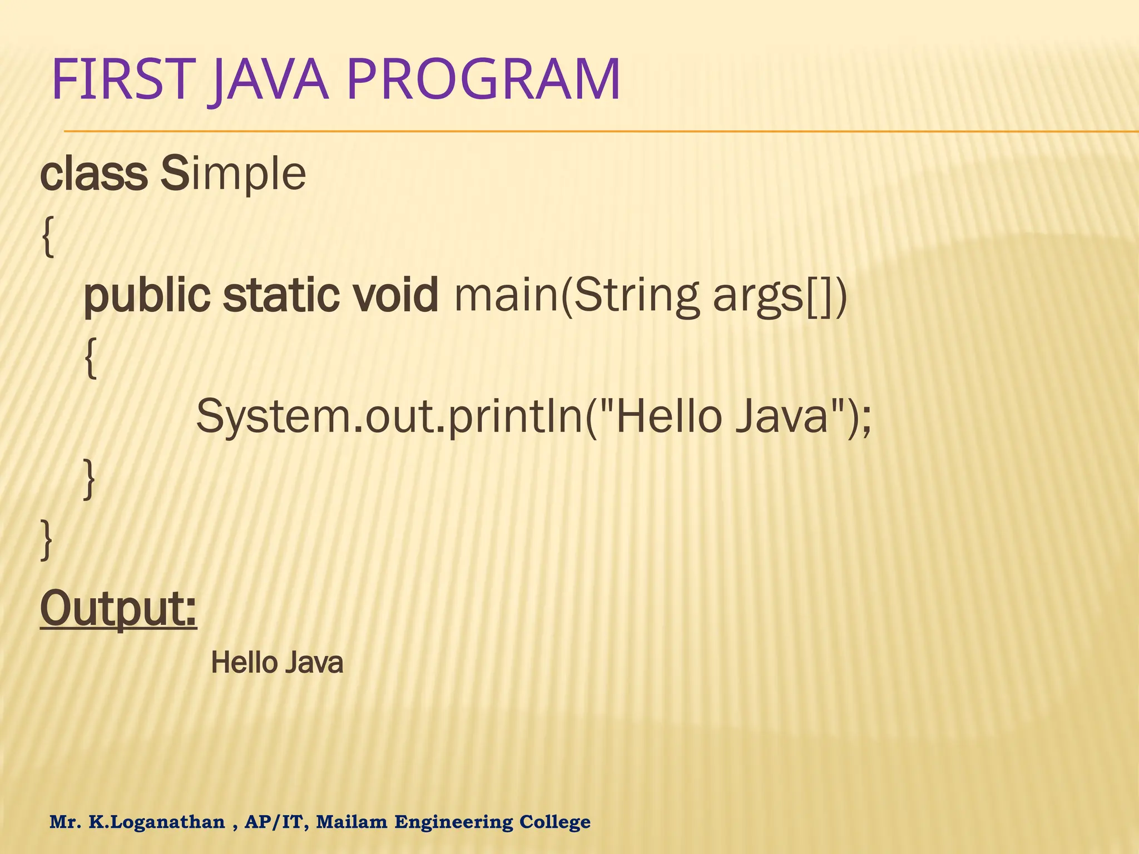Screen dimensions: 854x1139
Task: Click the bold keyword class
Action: (93, 174)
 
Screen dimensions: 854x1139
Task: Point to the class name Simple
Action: (233, 174)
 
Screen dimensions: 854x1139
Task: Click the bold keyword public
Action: (147, 296)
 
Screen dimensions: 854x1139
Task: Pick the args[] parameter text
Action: (779, 296)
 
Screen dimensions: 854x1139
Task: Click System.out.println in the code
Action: (389, 418)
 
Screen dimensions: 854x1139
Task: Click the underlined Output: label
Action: (118, 610)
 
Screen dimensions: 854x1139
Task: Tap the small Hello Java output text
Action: (277, 663)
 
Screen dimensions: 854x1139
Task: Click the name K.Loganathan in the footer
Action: (157, 821)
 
